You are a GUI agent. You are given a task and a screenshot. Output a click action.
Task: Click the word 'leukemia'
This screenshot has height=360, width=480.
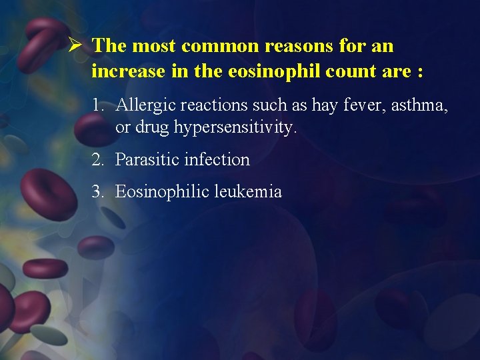click(x=248, y=192)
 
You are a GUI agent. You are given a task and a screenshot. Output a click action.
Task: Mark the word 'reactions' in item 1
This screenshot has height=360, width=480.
click(x=209, y=105)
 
